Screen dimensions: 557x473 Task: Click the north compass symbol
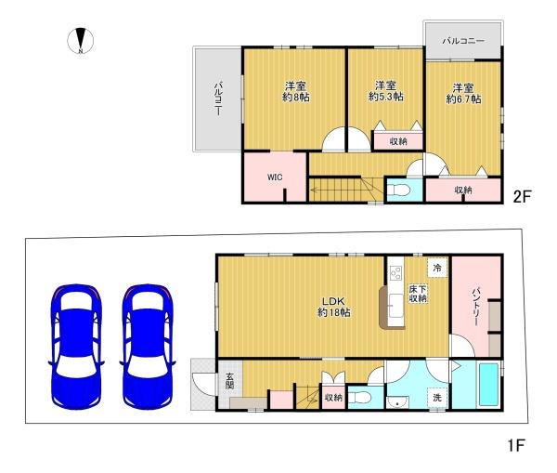point(81,41)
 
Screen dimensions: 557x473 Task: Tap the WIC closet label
point(275,177)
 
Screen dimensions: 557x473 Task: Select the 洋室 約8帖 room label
point(295,92)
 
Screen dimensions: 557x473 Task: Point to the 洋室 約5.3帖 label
point(386,91)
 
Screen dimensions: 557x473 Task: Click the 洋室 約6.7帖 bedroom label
point(463,94)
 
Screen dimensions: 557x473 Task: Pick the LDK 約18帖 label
point(334,307)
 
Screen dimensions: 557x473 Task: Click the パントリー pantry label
point(476,307)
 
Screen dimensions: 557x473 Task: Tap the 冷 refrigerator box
point(437,268)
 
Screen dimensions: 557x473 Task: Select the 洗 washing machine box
point(437,397)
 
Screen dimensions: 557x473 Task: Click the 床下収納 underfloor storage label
point(418,294)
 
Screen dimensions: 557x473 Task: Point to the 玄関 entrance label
point(230,380)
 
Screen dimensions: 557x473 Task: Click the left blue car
point(76,347)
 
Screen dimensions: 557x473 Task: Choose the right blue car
point(148,347)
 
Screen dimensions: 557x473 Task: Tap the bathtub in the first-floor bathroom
point(488,385)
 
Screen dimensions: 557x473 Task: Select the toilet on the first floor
point(360,397)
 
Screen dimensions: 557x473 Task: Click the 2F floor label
point(522,196)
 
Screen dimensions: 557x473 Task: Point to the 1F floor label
point(516,445)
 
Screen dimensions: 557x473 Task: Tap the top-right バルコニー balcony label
point(463,41)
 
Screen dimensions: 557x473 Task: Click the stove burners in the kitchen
point(396,273)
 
